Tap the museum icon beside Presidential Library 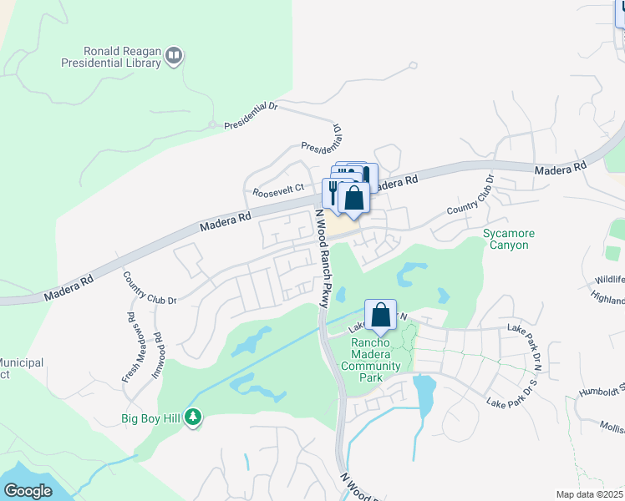point(174,56)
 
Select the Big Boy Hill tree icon point(194,416)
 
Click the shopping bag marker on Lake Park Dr point(380,316)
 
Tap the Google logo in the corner point(27,491)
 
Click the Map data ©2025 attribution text point(590,494)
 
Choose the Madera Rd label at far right point(560,170)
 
